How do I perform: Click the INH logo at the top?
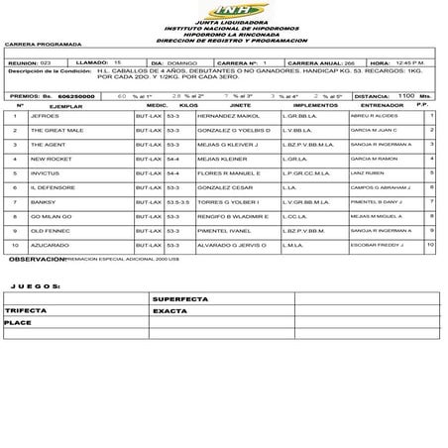tap(223, 9)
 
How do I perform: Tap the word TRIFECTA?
tap(25, 309)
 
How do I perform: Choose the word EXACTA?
tap(169, 309)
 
